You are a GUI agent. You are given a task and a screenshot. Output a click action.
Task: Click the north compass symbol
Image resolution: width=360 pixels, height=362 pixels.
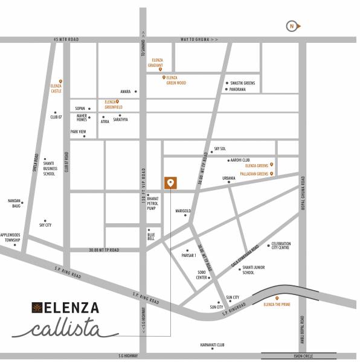pos(293,26)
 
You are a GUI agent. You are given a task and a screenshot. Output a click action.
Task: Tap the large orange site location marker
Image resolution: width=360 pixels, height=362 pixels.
pos(171,183)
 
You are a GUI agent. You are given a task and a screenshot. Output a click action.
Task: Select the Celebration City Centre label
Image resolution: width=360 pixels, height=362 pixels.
pos(281,246)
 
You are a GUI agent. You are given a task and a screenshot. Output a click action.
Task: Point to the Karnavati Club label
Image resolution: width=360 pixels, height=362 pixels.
pos(213,345)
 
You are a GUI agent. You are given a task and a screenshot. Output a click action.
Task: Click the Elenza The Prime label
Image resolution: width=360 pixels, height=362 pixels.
pos(277,305)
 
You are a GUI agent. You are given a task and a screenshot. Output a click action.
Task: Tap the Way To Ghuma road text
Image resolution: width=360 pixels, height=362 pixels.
pos(199,39)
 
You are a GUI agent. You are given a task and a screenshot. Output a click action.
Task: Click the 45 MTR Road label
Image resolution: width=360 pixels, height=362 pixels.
pos(66,39)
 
